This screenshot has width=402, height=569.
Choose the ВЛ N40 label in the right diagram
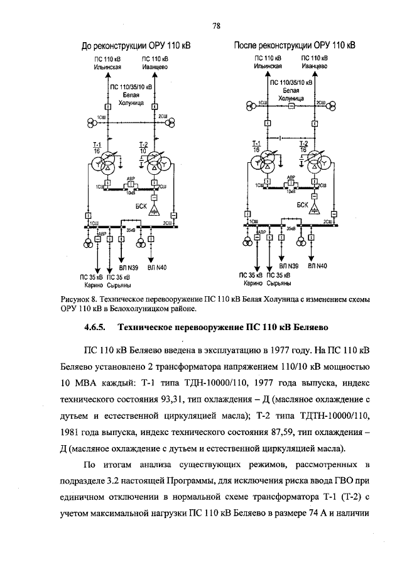coord(317,266)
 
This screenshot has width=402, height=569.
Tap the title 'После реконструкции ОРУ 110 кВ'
coord(295,46)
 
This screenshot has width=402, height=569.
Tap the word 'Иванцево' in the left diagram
coord(148,65)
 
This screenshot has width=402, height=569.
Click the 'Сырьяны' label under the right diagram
coord(280,282)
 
